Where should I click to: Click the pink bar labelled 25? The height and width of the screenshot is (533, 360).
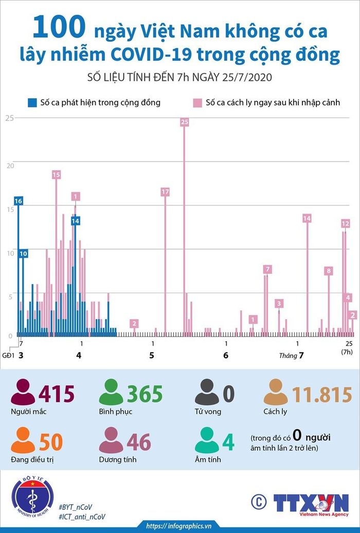pyautogui.click(x=184, y=231)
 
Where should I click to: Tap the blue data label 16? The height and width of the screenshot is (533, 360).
pyautogui.click(x=19, y=201)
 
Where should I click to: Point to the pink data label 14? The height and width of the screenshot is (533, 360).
pyautogui.click(x=307, y=218)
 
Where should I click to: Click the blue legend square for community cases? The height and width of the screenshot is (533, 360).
pyautogui.click(x=32, y=103)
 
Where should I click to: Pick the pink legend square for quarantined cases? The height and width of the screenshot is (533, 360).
pyautogui.click(x=197, y=103)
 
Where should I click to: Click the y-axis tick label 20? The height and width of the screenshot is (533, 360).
pyautogui.click(x=10, y=166)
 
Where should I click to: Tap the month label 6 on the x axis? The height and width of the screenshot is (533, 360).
pyautogui.click(x=226, y=356)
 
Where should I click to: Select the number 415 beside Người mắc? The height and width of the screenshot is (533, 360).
pyautogui.click(x=57, y=394)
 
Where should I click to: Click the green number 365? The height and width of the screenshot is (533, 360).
pyautogui.click(x=145, y=394)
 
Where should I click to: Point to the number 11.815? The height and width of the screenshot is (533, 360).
pyautogui.click(x=322, y=395)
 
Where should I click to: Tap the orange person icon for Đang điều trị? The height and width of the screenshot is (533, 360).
pyautogui.click(x=23, y=440)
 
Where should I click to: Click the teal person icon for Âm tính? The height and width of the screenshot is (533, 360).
pyautogui.click(x=207, y=440)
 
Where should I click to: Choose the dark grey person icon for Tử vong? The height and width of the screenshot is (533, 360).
pyautogui.click(x=207, y=392)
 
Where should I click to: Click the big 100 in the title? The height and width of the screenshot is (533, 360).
pyautogui.click(x=59, y=27)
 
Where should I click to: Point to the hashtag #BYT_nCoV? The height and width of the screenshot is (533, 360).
pyautogui.click(x=75, y=507)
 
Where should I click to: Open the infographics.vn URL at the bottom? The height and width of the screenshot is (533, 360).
pyautogui.click(x=179, y=526)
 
